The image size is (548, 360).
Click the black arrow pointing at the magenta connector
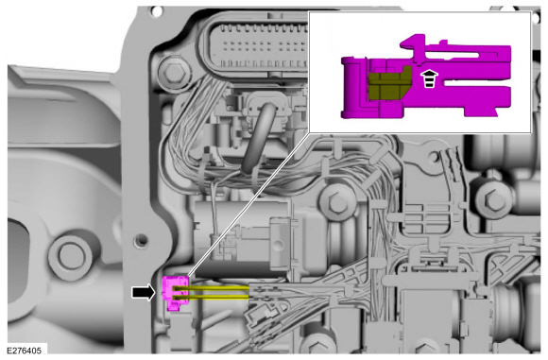coord(144,292)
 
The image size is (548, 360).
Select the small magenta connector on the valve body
coord(175,293)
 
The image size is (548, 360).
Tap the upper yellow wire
coord(212,288)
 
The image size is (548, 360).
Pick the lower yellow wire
coord(212,297)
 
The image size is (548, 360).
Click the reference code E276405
coord(25,351)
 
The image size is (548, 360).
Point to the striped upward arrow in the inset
coord(429,78)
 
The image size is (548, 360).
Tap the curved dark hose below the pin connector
coord(260,137)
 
